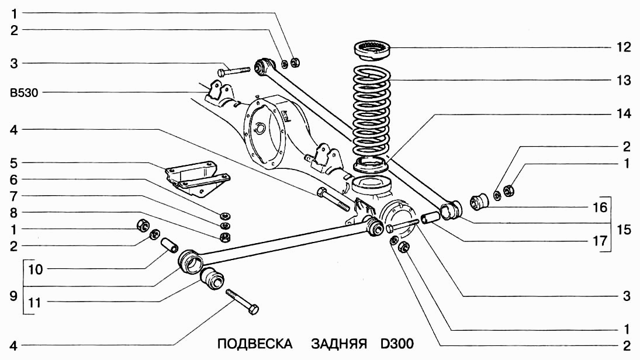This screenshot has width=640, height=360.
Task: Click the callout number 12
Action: (x=626, y=47)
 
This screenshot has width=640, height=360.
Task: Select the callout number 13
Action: (x=626, y=80)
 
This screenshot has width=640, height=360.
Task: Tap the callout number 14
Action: (x=626, y=114)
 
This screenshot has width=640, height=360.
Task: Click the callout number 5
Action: (x=13, y=162)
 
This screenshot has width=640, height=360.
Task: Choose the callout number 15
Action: (x=626, y=229)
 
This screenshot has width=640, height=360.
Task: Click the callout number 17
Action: (x=626, y=240)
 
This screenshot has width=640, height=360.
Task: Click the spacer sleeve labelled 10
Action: (x=168, y=244)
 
